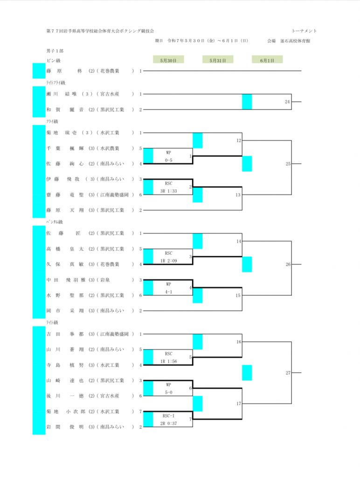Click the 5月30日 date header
click(168, 60)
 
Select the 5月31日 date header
click(218, 60)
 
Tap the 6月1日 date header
click(267, 60)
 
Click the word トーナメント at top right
click(304, 31)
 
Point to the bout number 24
click(287, 102)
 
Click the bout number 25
click(288, 164)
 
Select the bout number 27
click(288, 373)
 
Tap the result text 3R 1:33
click(168, 191)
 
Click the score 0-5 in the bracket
click(168, 160)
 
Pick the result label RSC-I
click(168, 415)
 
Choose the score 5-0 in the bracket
click(168, 392)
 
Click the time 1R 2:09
click(168, 260)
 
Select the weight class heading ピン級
click(54, 60)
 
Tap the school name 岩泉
click(105, 280)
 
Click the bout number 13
click(237, 195)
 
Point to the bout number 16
click(238, 342)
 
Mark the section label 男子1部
click(55, 51)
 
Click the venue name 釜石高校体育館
click(295, 41)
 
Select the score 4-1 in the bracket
click(168, 292)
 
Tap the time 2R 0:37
click(168, 423)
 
